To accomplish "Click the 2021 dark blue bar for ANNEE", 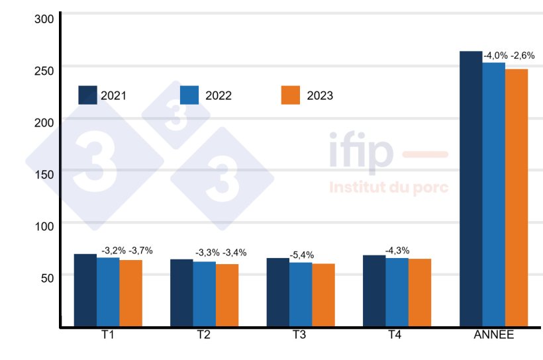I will (471, 189).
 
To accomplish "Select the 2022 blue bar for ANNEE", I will (493, 195).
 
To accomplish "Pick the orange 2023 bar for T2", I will (227, 295).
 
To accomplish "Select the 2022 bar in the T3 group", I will (300, 294).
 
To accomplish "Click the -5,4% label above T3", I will (301, 255).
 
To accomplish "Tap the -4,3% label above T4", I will (397, 250).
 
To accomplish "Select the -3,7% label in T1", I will (140, 250).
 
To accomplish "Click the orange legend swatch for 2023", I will (291, 95).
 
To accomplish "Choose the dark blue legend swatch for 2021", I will (88, 95).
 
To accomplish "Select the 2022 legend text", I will (218, 96).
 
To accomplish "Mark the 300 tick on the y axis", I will (44, 19).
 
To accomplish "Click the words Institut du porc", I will (389, 187).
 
